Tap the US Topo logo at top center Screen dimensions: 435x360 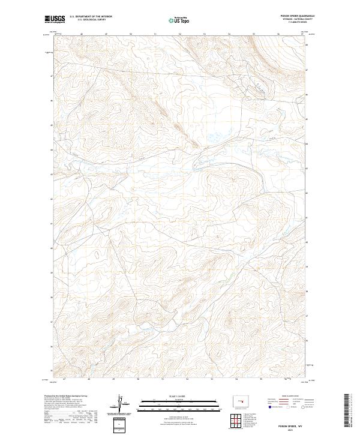180,20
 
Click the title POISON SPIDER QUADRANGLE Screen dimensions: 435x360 292,16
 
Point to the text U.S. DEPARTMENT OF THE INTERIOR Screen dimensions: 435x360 91,17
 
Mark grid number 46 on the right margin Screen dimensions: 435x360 307,94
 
